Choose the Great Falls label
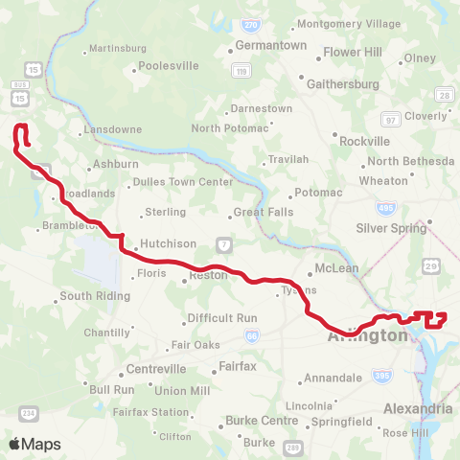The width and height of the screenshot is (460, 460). [x=264, y=213]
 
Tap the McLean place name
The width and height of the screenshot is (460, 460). [x=337, y=268]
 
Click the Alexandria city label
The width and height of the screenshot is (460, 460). [x=418, y=408]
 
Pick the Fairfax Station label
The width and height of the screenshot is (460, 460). [x=150, y=412]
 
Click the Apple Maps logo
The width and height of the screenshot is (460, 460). [x=34, y=444]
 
